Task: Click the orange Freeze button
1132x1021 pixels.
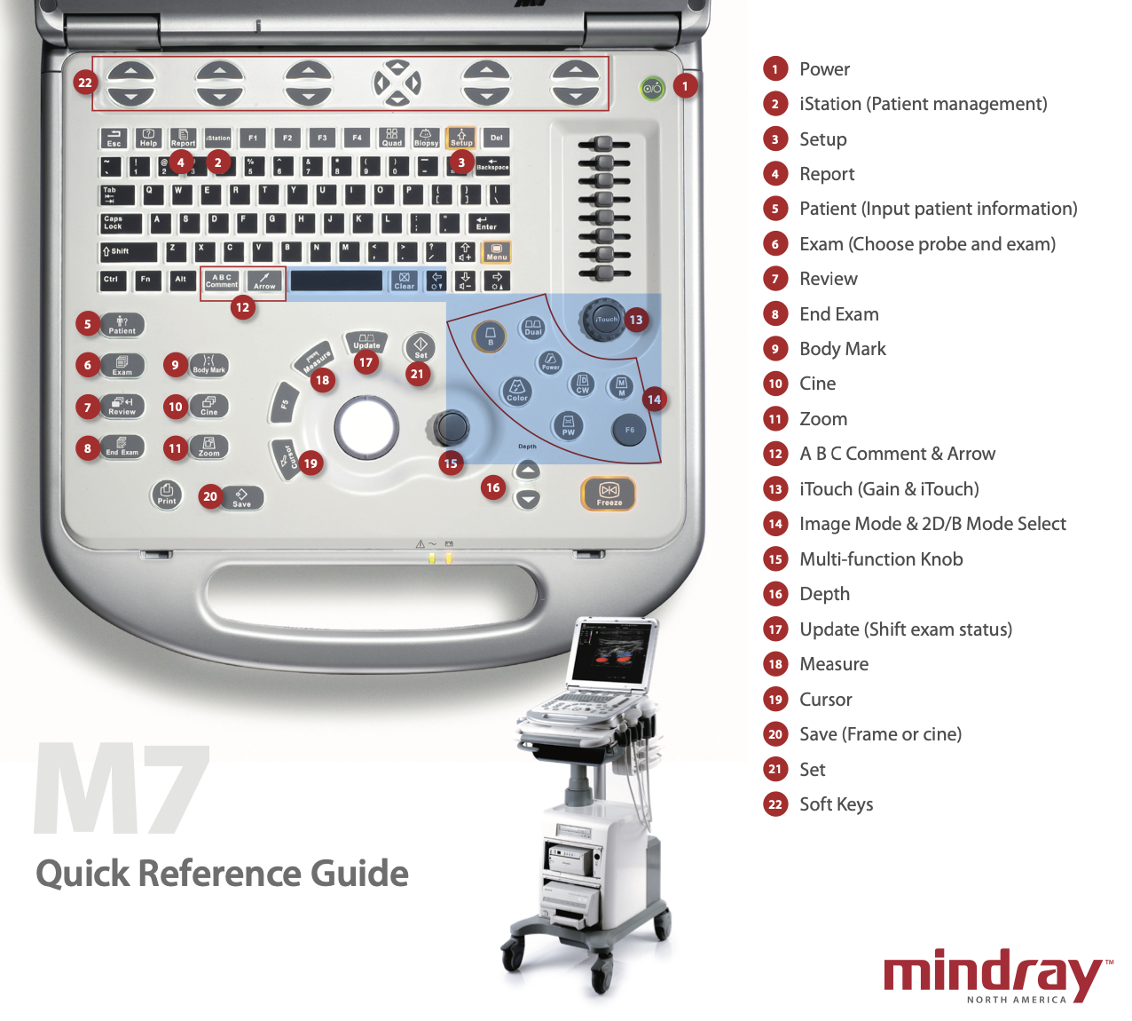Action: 609,494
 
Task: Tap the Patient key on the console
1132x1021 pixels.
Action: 122,325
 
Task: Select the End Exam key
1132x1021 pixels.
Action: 122,447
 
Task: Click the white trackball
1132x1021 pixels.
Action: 366,427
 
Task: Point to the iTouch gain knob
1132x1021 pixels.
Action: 606,319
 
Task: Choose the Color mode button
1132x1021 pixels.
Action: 517,390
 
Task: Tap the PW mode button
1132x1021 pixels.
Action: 569,425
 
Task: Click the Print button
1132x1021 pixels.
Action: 167,494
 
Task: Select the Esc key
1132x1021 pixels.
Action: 114,138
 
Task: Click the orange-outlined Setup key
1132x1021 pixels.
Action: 461,138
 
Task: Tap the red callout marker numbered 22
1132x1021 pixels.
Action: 84,83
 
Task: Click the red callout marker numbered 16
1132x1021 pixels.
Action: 493,487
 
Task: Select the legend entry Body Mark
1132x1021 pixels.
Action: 842,349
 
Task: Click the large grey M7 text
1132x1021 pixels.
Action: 122,790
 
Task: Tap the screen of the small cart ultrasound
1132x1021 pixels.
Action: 611,652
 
